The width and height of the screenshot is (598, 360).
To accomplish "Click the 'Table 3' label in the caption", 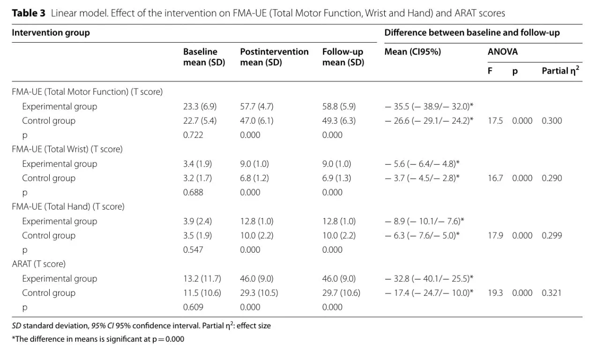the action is coord(29,13).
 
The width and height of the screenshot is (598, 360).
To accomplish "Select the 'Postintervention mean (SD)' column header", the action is coord(274,57).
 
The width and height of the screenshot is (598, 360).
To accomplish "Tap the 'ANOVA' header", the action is coord(502,52).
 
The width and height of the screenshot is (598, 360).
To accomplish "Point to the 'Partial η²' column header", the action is coord(561,70).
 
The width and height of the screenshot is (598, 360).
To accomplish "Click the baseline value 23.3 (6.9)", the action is coord(200,106).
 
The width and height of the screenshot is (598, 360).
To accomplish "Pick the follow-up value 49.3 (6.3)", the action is coord(339,121).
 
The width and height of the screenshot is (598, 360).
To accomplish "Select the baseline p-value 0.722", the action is coord(193,135).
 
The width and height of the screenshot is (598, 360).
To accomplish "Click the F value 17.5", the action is coord(495,121).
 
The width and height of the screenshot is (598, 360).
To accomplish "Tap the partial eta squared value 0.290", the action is coord(552,178).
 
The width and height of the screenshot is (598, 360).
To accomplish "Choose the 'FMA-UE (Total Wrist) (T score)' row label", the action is coord(67,149).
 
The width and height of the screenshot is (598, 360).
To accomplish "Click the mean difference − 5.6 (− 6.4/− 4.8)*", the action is coord(422,164).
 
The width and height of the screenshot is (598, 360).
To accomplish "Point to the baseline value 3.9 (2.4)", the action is coord(197,221).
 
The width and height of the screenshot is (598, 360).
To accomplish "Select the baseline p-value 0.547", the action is coord(193,250).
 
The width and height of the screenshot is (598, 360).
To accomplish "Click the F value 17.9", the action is coord(495,236).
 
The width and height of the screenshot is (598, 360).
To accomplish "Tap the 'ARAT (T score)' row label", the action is coord(39,264).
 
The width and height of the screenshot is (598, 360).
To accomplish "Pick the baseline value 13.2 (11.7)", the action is coord(202,278).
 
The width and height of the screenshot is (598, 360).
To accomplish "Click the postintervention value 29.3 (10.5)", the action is coord(259,293).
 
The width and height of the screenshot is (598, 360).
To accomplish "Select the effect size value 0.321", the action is coord(552,293).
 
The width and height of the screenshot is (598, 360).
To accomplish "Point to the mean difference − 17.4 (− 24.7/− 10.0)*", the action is coord(429,293).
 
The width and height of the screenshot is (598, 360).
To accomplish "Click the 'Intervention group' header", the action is coord(51,33).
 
